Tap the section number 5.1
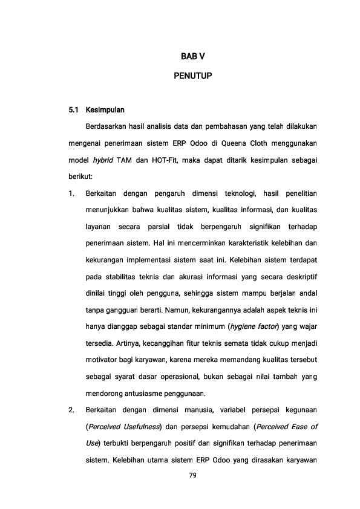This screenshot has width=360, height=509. point(74,111)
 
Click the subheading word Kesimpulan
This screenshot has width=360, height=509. point(105,111)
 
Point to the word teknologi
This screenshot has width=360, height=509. point(239,193)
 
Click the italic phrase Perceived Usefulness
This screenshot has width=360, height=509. point(123,427)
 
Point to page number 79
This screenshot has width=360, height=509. point(193,476)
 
